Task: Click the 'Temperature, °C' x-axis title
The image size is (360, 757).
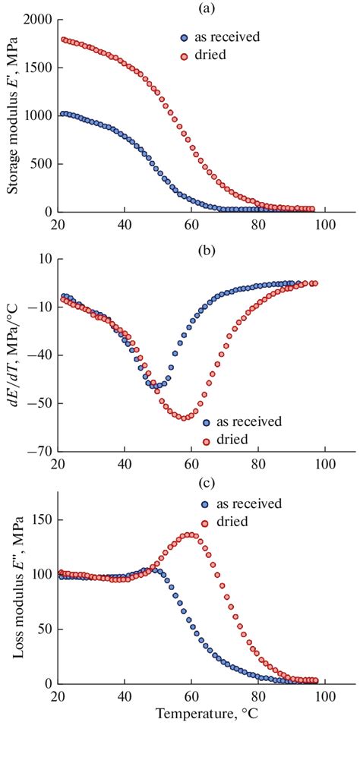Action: pyautogui.click(x=205, y=714)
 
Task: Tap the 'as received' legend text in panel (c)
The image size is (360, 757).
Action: pyautogui.click(x=251, y=503)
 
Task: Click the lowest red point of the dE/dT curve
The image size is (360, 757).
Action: pyautogui.click(x=184, y=418)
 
